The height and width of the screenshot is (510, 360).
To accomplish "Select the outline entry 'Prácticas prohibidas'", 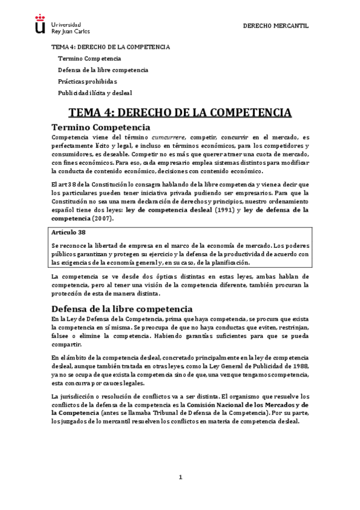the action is pyautogui.click(x=87, y=81).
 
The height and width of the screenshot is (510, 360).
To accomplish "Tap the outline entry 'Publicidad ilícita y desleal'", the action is pyautogui.click(x=94, y=93).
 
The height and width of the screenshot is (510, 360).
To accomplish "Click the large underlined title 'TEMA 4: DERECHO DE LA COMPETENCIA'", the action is pyautogui.click(x=180, y=112).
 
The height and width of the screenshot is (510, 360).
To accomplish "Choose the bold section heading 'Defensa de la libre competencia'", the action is pyautogui.click(x=121, y=308).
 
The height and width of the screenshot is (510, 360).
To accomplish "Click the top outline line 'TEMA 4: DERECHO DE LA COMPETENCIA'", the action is pyautogui.click(x=110, y=47).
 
